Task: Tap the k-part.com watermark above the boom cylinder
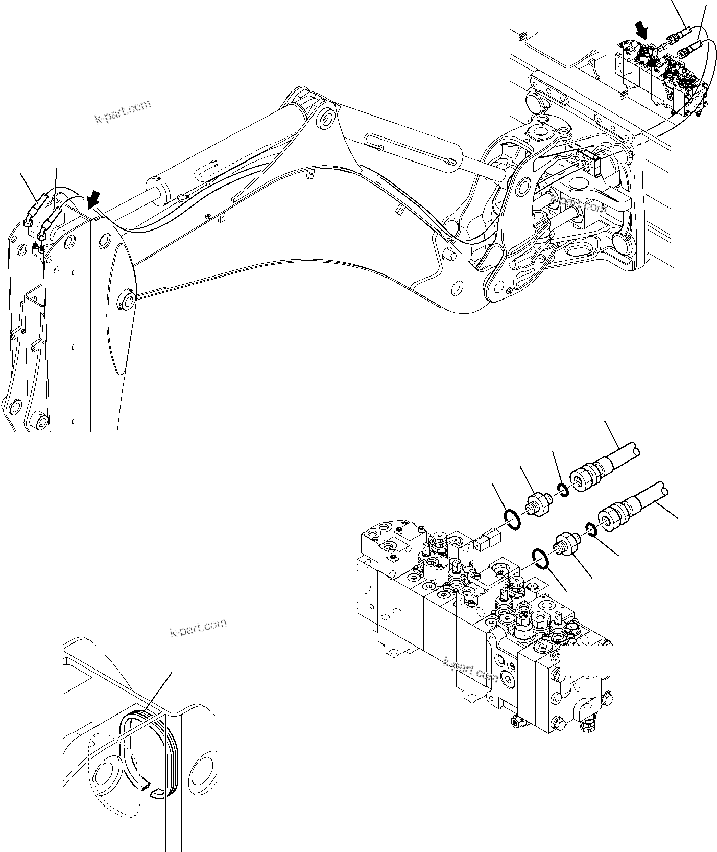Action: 123,111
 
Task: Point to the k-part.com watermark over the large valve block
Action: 470,670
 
